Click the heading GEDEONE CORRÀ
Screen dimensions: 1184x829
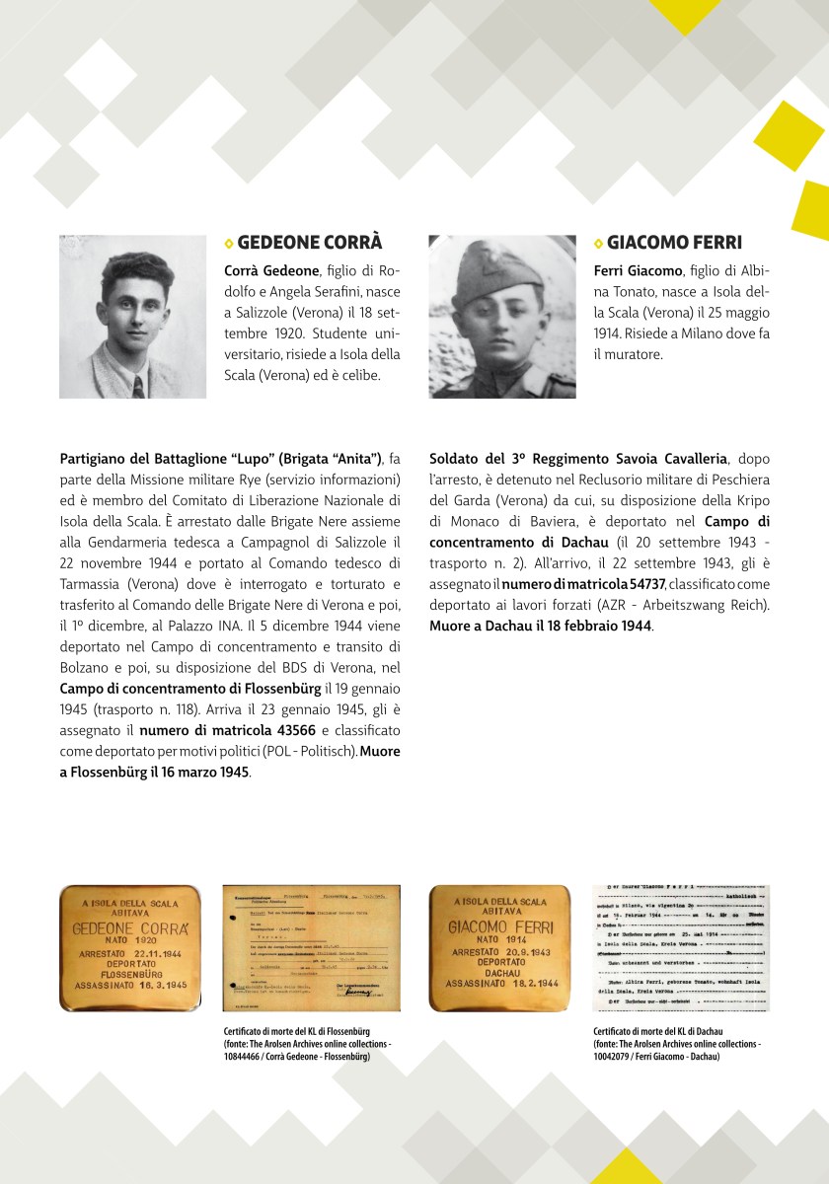click(310, 243)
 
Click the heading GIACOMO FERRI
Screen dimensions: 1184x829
click(674, 243)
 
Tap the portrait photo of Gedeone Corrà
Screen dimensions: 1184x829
click(132, 316)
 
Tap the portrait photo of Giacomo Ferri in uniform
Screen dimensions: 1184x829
click(502, 316)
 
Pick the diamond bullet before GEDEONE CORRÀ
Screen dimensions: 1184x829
click(229, 244)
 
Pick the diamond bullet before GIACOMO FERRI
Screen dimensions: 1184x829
click(598, 244)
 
